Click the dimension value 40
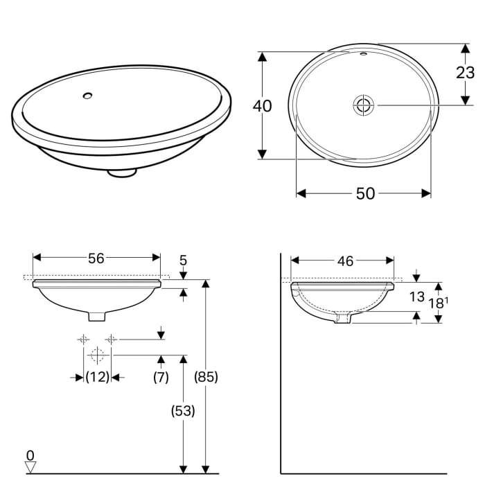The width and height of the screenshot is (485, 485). click(x=262, y=106)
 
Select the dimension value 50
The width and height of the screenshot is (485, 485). click(x=365, y=194)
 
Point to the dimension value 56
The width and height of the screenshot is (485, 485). click(x=96, y=258)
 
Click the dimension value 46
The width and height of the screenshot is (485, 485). click(x=345, y=261)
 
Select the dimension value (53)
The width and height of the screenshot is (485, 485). click(x=183, y=410)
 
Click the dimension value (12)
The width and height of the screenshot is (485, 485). click(x=97, y=378)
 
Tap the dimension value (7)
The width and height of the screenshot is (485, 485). click(x=161, y=378)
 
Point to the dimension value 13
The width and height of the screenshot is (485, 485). click(x=416, y=297)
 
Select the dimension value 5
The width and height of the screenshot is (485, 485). click(x=184, y=261)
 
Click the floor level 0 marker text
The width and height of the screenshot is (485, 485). click(x=30, y=455)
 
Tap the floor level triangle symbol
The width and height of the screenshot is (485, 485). click(x=30, y=467)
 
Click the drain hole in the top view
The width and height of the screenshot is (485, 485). click(x=363, y=105)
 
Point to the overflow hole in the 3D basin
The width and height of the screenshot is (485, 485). click(x=88, y=96)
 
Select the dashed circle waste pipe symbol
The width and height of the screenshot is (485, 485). click(x=97, y=356)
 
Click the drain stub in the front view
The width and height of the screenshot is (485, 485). click(x=98, y=315)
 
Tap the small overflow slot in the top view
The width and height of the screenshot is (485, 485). click(x=363, y=53)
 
